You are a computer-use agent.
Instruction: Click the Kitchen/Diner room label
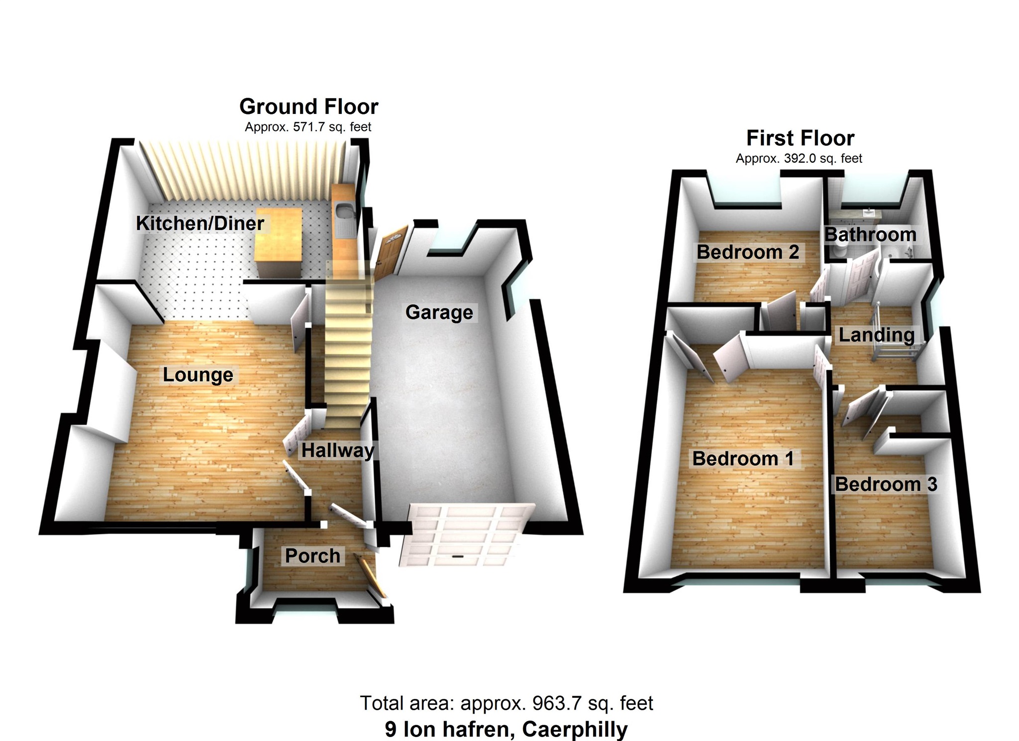[200, 223]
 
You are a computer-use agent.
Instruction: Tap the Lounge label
[198, 375]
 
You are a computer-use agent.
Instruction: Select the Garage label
[439, 313]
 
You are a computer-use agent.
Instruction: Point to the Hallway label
[337, 450]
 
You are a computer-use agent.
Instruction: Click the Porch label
[312, 556]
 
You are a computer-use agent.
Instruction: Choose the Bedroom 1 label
[742, 458]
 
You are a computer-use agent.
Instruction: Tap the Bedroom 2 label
[747, 252]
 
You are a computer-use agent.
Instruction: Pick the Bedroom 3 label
[886, 484]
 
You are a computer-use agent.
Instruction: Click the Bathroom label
[870, 234]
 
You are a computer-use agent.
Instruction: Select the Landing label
[876, 335]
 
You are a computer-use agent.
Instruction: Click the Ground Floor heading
[308, 106]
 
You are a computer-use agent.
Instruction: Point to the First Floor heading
[800, 138]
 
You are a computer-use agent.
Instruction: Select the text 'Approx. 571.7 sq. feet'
[308, 127]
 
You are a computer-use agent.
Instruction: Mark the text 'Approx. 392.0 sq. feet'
[799, 159]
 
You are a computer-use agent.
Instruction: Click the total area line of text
[506, 703]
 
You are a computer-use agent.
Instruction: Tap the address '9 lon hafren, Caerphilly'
[506, 730]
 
